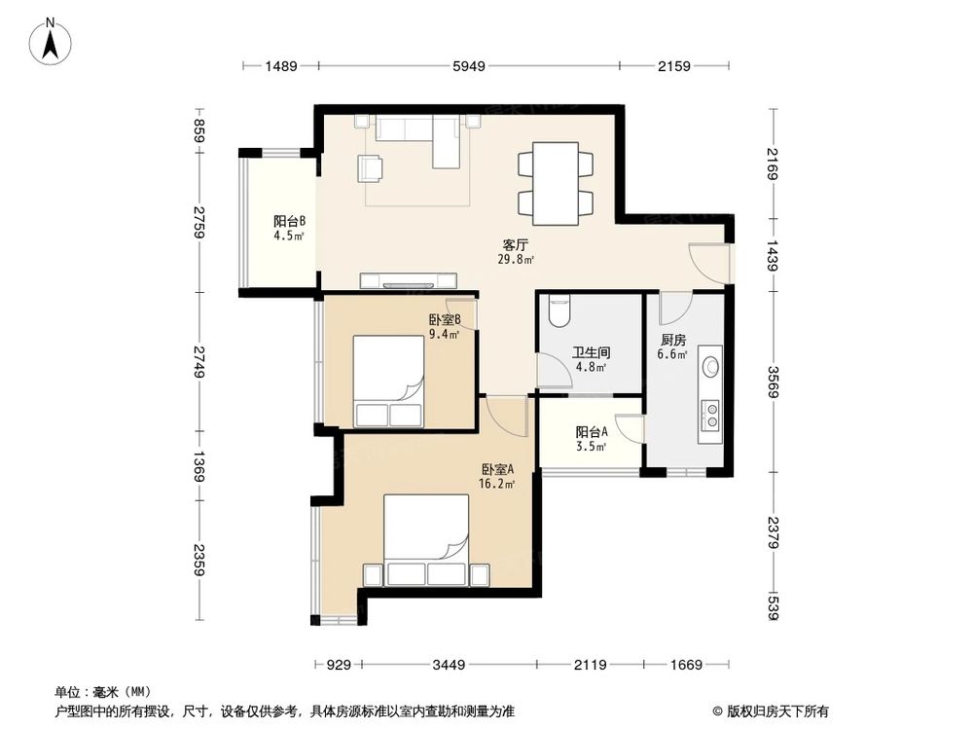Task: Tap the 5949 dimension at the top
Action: click(471, 66)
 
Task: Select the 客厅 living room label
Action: click(515, 245)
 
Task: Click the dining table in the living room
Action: click(555, 181)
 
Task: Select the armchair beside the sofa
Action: click(371, 167)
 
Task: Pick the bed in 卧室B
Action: click(387, 382)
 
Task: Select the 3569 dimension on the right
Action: click(773, 376)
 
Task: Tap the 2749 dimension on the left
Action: click(199, 362)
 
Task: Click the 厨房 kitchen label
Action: click(673, 341)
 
